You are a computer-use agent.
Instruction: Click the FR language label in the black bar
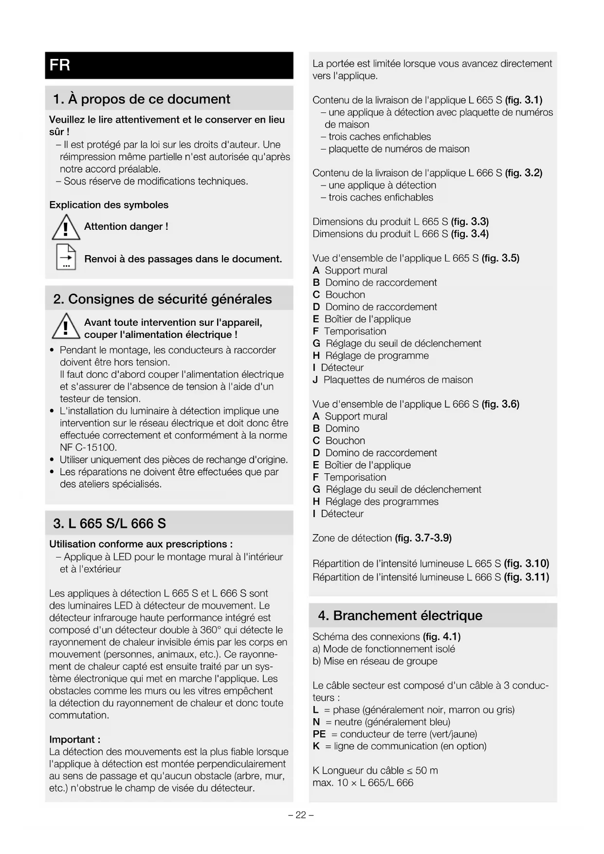[x=60, y=65]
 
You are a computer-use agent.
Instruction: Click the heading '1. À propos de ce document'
[x=141, y=99]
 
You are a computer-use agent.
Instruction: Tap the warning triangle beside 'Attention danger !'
[x=66, y=228]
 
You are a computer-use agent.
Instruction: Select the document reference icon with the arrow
[x=66, y=257]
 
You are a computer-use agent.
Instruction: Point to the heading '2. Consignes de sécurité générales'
[x=163, y=299]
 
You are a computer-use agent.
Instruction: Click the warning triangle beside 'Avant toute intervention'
[x=66, y=326]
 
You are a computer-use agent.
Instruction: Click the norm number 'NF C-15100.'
[x=88, y=447]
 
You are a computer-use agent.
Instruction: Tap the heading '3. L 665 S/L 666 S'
[x=110, y=523]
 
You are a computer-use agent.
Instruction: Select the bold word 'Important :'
[x=75, y=740]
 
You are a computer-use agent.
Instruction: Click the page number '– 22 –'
[x=301, y=815]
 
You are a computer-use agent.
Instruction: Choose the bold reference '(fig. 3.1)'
[x=524, y=100]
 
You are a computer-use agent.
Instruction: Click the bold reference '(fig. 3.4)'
[x=470, y=234]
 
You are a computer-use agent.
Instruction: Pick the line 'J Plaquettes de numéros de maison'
[x=393, y=380]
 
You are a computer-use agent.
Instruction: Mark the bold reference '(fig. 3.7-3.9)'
[x=423, y=538]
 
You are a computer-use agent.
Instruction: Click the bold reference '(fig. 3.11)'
[x=526, y=577]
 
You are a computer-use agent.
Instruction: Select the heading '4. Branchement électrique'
[x=400, y=615]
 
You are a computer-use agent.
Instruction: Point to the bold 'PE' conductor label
[x=319, y=734]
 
